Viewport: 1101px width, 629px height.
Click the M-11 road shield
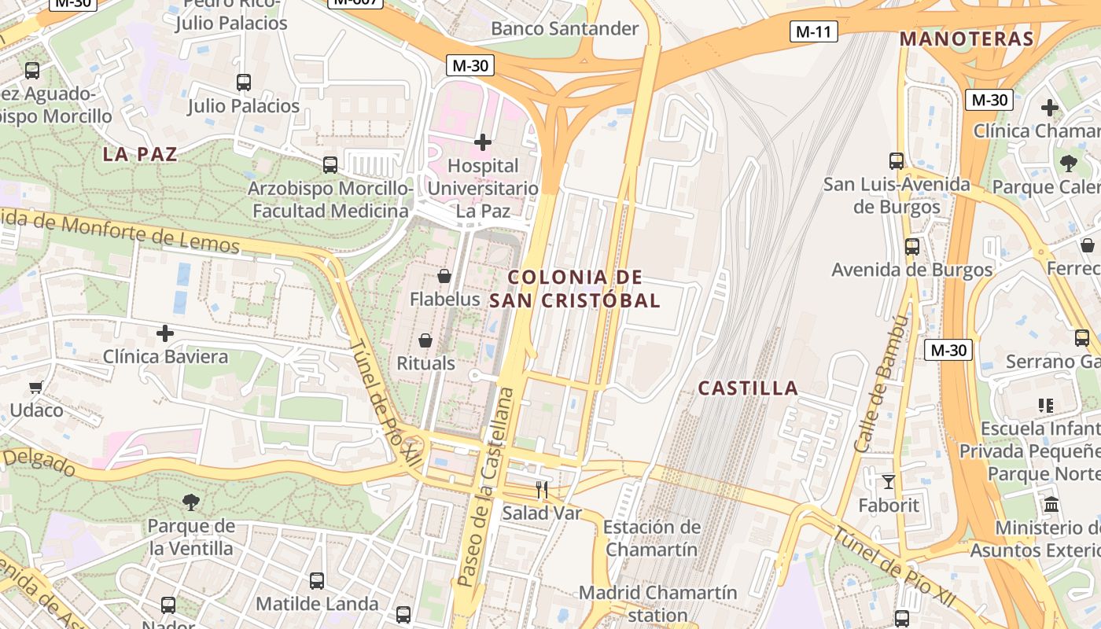pyautogui.click(x=814, y=31)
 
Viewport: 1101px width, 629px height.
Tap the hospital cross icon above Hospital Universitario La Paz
pyautogui.click(x=483, y=142)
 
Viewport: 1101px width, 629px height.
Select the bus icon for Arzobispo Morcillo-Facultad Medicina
pyautogui.click(x=330, y=165)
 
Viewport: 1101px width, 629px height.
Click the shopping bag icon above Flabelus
pyautogui.click(x=444, y=276)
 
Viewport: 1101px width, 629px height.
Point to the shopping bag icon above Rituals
pyautogui.click(x=425, y=340)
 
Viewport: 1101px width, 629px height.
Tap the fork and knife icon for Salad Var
pyautogui.click(x=541, y=490)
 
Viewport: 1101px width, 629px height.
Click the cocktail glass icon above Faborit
pyautogui.click(x=889, y=481)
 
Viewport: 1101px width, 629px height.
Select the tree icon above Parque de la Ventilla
pyautogui.click(x=190, y=502)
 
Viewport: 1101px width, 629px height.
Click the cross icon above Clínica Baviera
pyautogui.click(x=165, y=333)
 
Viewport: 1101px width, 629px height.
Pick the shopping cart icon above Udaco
pyautogui.click(x=36, y=387)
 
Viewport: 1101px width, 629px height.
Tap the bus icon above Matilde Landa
pyautogui.click(x=317, y=581)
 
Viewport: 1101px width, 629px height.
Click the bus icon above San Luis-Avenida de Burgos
pyautogui.click(x=897, y=161)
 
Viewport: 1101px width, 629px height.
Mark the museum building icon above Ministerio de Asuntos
pyautogui.click(x=1051, y=504)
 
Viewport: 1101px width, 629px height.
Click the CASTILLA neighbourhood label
pyautogui.click(x=748, y=388)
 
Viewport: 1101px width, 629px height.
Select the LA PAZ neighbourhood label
pyautogui.click(x=140, y=155)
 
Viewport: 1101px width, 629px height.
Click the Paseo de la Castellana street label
pyautogui.click(x=486, y=487)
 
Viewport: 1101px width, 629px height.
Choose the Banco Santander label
pyautogui.click(x=565, y=29)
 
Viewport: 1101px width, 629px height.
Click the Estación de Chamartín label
pyautogui.click(x=651, y=538)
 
